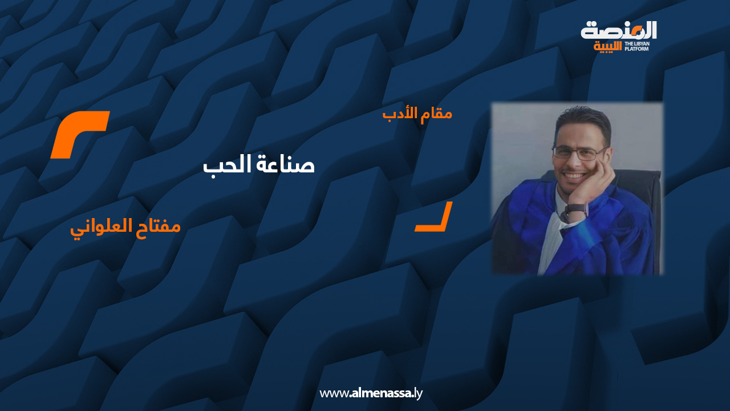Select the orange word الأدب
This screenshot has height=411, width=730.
(398, 113)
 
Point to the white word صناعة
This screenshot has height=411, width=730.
(288, 164)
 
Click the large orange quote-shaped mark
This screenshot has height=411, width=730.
(79, 135)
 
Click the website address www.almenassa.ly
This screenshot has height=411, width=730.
(371, 393)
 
